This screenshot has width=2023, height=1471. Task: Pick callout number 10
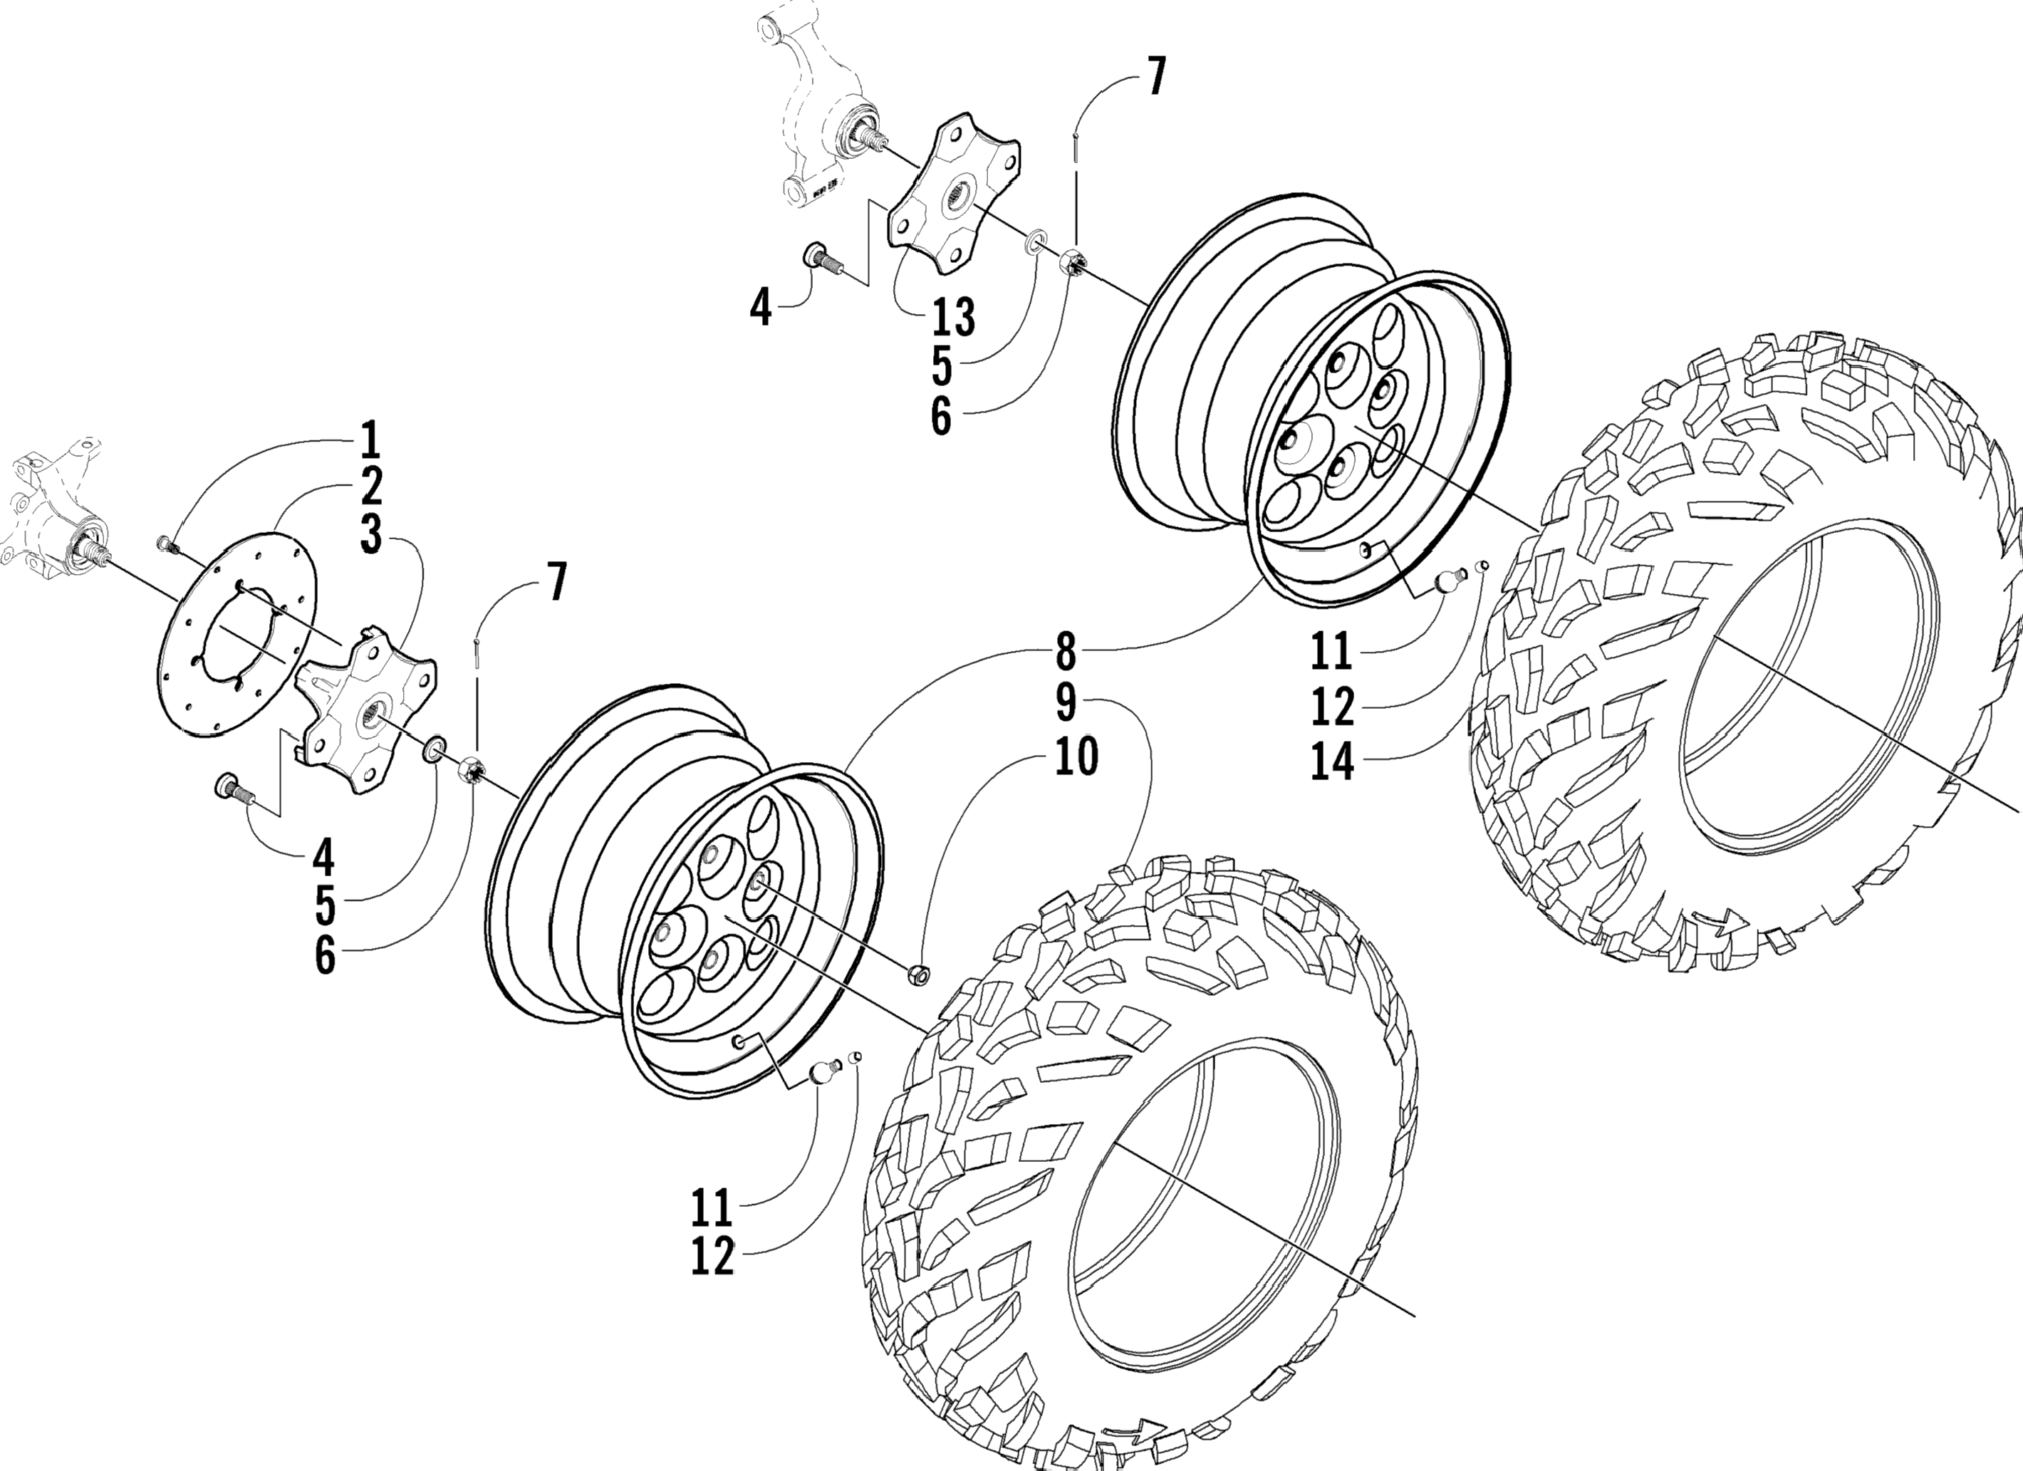(x=1076, y=757)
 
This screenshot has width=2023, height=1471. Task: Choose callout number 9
(x=1066, y=704)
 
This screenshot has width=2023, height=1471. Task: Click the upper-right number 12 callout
(x=1333, y=707)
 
